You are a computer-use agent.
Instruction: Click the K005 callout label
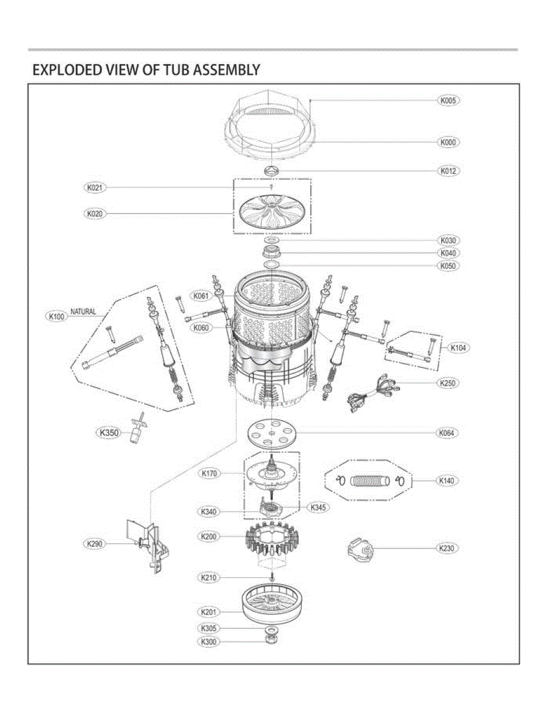point(448,101)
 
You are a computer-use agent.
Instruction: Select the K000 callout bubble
point(448,142)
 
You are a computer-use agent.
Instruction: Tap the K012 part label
point(448,171)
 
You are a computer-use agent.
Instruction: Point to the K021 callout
point(95,188)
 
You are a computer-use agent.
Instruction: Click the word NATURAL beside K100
point(83,312)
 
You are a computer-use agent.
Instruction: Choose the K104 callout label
point(458,348)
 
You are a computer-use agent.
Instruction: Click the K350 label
point(109,433)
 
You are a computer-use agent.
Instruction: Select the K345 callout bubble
point(318,508)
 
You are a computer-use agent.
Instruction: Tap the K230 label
point(446,548)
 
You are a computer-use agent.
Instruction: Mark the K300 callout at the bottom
point(208,642)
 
